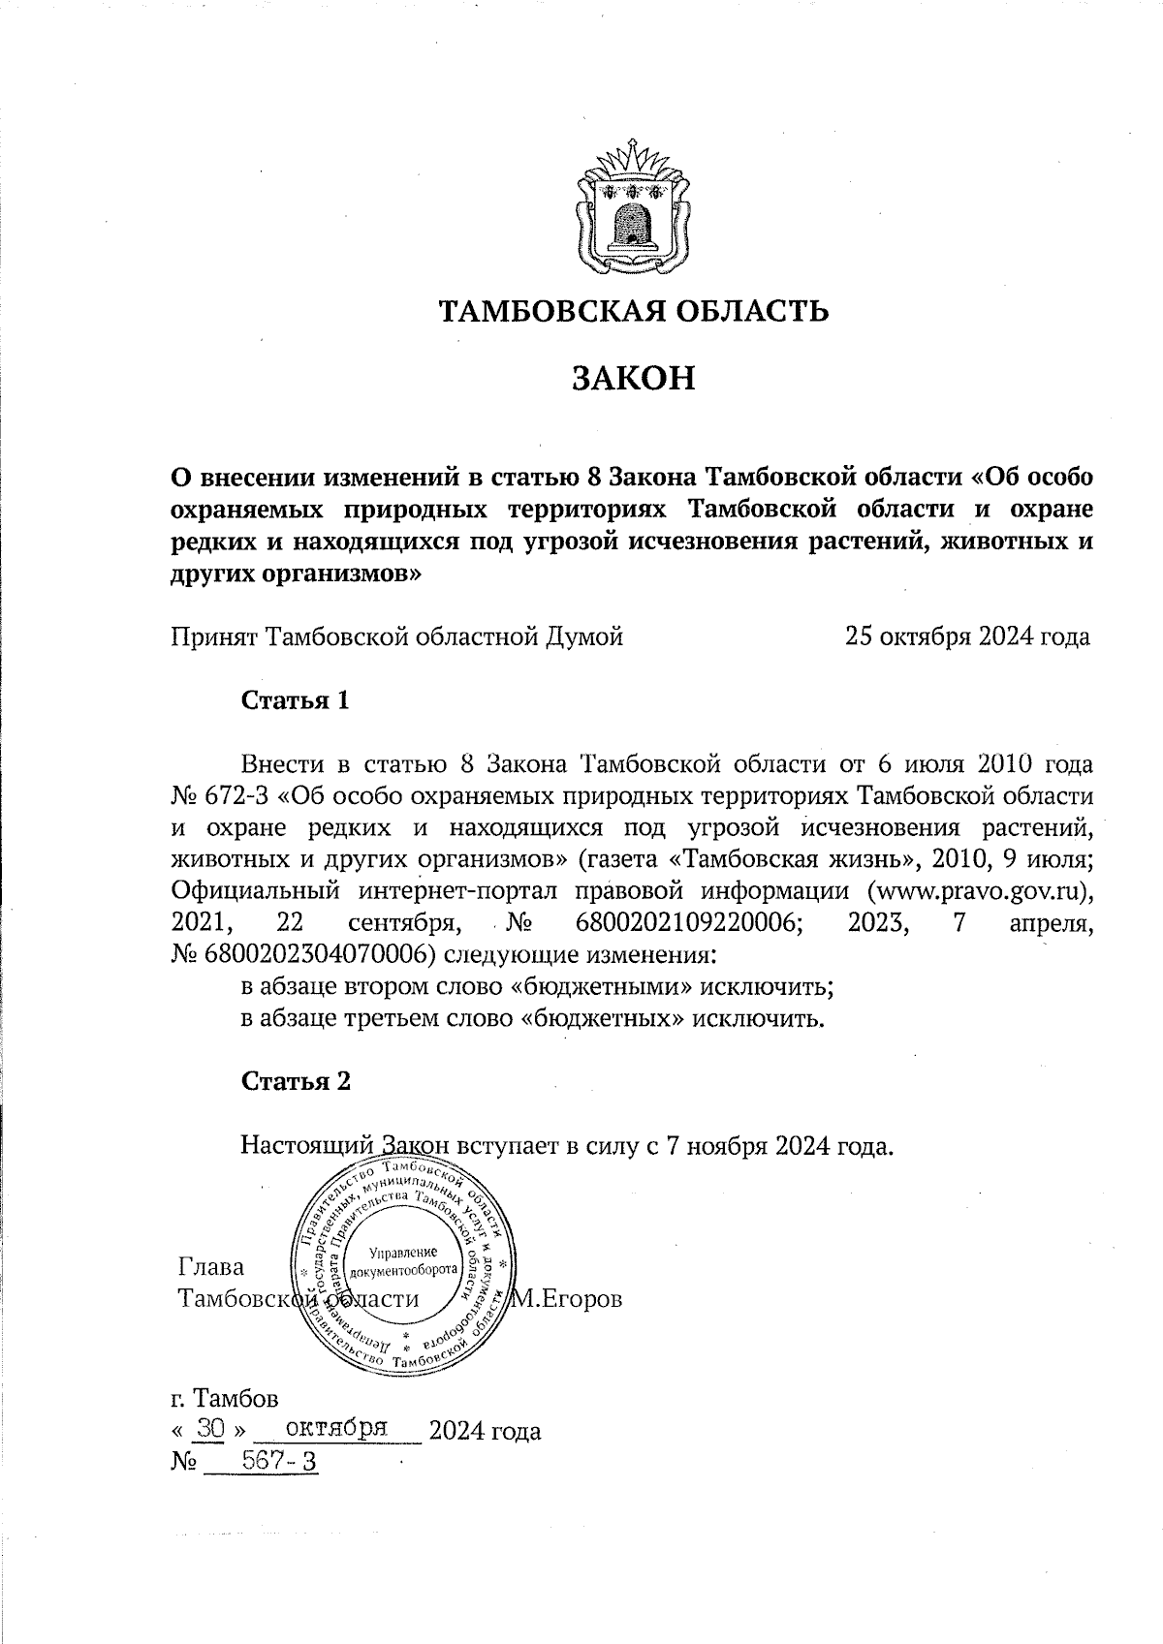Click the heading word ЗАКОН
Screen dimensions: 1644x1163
[634, 377]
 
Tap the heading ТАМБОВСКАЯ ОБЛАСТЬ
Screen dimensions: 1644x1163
[634, 311]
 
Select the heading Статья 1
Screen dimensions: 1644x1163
[295, 700]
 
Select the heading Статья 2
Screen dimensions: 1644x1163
[296, 1081]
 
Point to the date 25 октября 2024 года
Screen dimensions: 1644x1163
[967, 636]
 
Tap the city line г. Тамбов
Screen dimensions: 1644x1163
[224, 1399]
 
